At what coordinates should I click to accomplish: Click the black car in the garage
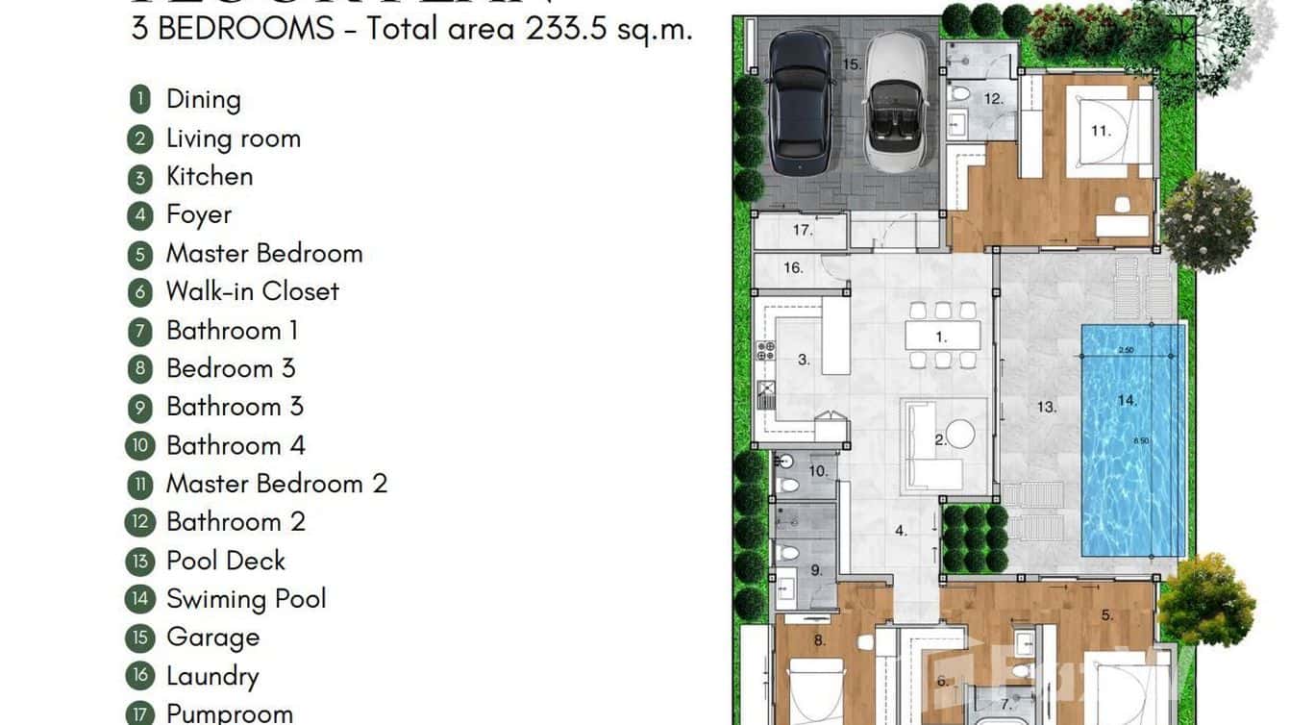(800, 97)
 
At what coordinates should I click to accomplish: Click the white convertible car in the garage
(899, 101)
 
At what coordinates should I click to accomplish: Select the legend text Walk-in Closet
(252, 291)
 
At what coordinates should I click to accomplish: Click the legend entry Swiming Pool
(246, 599)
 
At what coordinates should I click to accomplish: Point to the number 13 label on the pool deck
(1046, 407)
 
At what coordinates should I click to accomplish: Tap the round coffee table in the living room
(958, 436)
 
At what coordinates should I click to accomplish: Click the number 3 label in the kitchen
(804, 361)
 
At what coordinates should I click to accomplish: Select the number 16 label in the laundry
(793, 267)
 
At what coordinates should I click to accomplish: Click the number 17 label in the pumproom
(803, 230)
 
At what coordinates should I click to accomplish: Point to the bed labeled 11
(1100, 130)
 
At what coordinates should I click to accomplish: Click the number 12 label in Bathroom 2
(993, 98)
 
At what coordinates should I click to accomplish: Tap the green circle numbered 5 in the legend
(140, 254)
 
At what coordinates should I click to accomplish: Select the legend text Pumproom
(229, 713)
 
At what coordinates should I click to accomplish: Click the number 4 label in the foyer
(901, 530)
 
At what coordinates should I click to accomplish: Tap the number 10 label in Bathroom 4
(817, 471)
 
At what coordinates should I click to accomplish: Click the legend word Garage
(212, 637)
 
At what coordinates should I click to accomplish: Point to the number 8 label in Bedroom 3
(819, 639)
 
